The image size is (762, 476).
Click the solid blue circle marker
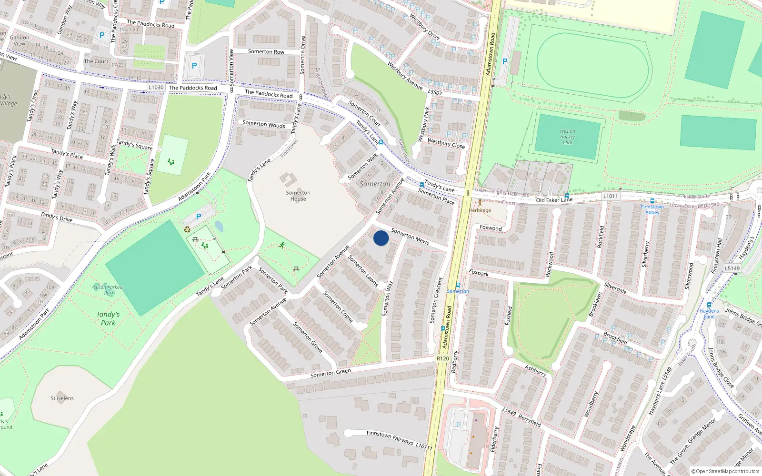[x=381, y=238]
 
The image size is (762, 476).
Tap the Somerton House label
[x=298, y=196]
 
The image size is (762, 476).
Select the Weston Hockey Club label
[x=567, y=137]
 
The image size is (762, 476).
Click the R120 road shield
[x=442, y=358]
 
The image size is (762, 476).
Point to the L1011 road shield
[x=610, y=196]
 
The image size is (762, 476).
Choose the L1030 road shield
[x=156, y=88]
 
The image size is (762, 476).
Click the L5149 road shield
[x=732, y=268]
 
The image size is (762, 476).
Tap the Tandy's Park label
[x=108, y=318]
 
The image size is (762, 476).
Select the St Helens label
[x=62, y=398]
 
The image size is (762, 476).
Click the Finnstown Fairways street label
[x=390, y=437]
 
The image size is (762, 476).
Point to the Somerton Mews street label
[x=410, y=236]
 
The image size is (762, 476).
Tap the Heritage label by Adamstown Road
[x=480, y=210]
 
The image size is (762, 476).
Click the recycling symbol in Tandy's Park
[x=187, y=229]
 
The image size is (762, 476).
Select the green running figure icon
[x=282, y=245]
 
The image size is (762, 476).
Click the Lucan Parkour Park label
[x=109, y=289]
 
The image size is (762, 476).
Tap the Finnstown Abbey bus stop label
[x=652, y=209]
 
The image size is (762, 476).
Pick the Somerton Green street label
[x=331, y=373]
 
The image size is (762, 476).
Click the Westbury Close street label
[x=446, y=143]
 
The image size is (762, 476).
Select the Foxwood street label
[x=491, y=228]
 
